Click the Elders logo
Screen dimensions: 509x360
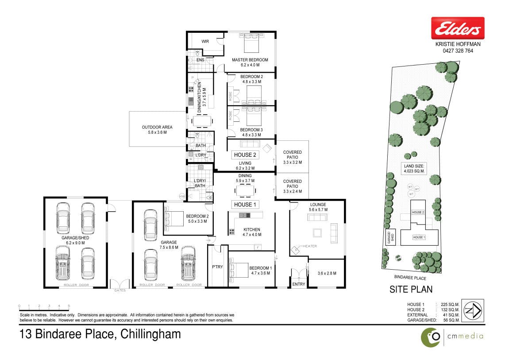457,28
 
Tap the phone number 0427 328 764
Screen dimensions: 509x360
458,50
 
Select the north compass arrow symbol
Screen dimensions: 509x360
473,311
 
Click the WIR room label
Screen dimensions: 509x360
205,42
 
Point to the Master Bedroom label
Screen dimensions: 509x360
250,60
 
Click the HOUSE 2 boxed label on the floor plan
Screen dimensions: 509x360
245,155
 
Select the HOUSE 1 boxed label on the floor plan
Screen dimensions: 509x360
245,205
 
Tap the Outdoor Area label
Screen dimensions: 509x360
157,127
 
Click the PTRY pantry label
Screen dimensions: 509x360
217,267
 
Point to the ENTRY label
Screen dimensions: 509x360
299,284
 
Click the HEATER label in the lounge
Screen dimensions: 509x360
310,246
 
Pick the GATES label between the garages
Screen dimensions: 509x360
120,290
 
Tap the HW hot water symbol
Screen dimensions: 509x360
182,197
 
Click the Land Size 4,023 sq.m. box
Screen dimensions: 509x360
414,168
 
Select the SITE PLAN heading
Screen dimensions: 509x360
411,289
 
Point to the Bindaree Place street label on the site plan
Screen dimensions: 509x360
410,278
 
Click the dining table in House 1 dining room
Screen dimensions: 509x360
245,191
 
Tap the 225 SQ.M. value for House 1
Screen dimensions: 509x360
450,305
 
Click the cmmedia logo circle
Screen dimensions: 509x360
431,337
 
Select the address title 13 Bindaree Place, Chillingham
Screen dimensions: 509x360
100,334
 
